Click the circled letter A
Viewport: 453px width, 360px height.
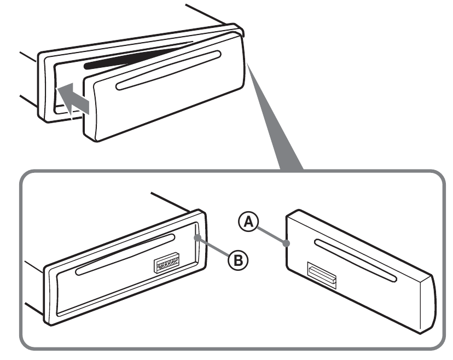pyautogui.click(x=248, y=222)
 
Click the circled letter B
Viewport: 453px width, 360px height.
pyautogui.click(x=238, y=260)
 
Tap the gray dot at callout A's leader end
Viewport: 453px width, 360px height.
pyautogui.click(x=287, y=243)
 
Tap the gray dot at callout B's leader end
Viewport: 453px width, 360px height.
pyautogui.click(x=198, y=238)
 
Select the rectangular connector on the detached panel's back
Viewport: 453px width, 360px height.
pyautogui.click(x=322, y=276)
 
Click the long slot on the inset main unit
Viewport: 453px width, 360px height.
pyautogui.click(x=125, y=255)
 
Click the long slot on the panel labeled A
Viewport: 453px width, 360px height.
pyautogui.click(x=356, y=260)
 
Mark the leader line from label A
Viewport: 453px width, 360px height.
pyautogui.click(x=271, y=235)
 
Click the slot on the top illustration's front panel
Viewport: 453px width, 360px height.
pyautogui.click(x=169, y=71)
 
